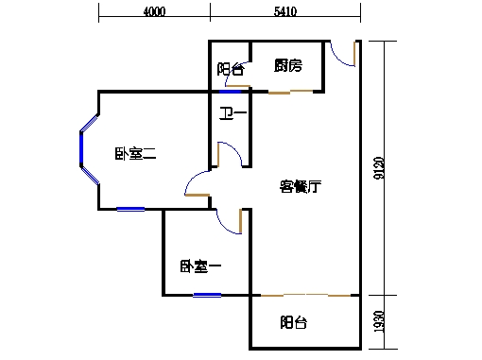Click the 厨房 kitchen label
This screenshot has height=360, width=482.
tap(287, 66)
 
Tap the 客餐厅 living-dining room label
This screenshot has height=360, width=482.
tap(301, 186)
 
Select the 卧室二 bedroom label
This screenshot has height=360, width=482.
tap(135, 154)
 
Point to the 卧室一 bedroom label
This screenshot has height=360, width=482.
tap(199, 267)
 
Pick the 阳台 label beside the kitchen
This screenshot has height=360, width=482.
tap(230, 68)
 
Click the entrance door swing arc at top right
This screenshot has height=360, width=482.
tap(345, 57)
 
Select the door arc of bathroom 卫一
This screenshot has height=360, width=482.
tap(231, 153)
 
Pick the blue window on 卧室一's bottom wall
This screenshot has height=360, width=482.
tap(206, 296)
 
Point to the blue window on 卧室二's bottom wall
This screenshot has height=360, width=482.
tap(130, 209)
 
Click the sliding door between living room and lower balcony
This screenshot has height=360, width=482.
tap(302, 296)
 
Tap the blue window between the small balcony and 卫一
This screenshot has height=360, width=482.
tap(230, 92)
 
